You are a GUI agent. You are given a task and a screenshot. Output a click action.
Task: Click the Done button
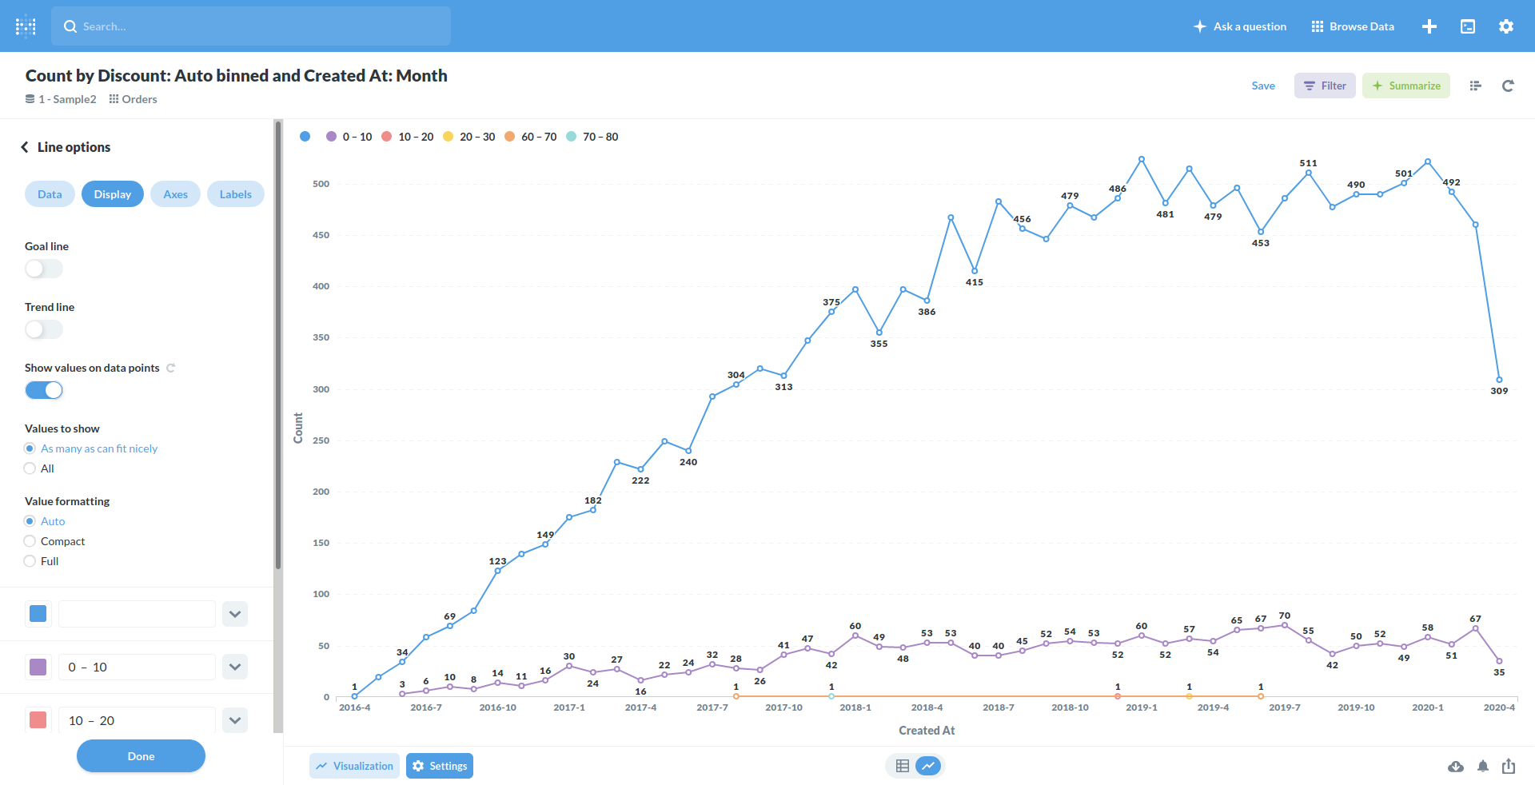tap(141, 755)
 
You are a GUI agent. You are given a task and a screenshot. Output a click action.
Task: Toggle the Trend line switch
tap(43, 329)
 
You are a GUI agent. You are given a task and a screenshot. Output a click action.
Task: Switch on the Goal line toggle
tap(43, 269)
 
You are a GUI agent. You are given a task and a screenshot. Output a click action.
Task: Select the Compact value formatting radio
tap(30, 541)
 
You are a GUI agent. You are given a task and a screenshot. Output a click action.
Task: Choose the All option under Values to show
tap(30, 468)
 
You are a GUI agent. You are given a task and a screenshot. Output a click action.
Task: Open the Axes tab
tap(175, 194)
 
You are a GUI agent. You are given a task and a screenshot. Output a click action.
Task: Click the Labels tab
tap(235, 194)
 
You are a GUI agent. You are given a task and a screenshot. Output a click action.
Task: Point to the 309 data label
tap(1498, 391)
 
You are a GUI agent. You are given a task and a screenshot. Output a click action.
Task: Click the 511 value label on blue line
tap(1308, 163)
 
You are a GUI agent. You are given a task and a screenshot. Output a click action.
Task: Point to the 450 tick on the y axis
tap(321, 235)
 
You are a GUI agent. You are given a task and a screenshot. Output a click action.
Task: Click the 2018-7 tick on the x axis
tap(998, 707)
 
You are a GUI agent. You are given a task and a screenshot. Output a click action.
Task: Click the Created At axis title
tap(926, 731)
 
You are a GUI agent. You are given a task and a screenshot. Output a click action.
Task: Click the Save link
tap(1262, 86)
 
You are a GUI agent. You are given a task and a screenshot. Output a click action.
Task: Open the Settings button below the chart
tap(439, 766)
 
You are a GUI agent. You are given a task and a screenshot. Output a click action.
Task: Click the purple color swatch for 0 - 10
tap(38, 667)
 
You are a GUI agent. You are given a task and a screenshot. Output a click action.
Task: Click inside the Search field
tap(251, 26)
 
